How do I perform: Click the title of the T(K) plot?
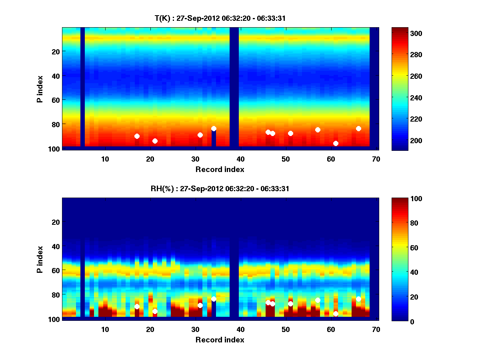coord(220,18)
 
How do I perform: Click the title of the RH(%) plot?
coord(220,189)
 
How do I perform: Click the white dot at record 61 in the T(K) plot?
coord(336,143)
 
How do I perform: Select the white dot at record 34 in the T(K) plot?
coord(214,128)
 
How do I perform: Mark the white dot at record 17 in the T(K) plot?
coord(137,136)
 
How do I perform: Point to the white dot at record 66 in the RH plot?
coord(358,299)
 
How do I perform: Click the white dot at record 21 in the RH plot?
coord(155,311)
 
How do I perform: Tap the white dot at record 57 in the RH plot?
coord(318,300)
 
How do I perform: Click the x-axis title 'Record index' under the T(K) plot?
coord(220,169)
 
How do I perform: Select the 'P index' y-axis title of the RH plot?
coord(40,259)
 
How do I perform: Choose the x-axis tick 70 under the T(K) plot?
coord(376,159)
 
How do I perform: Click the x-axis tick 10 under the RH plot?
coord(105,329)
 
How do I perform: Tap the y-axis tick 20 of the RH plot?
coord(56,222)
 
